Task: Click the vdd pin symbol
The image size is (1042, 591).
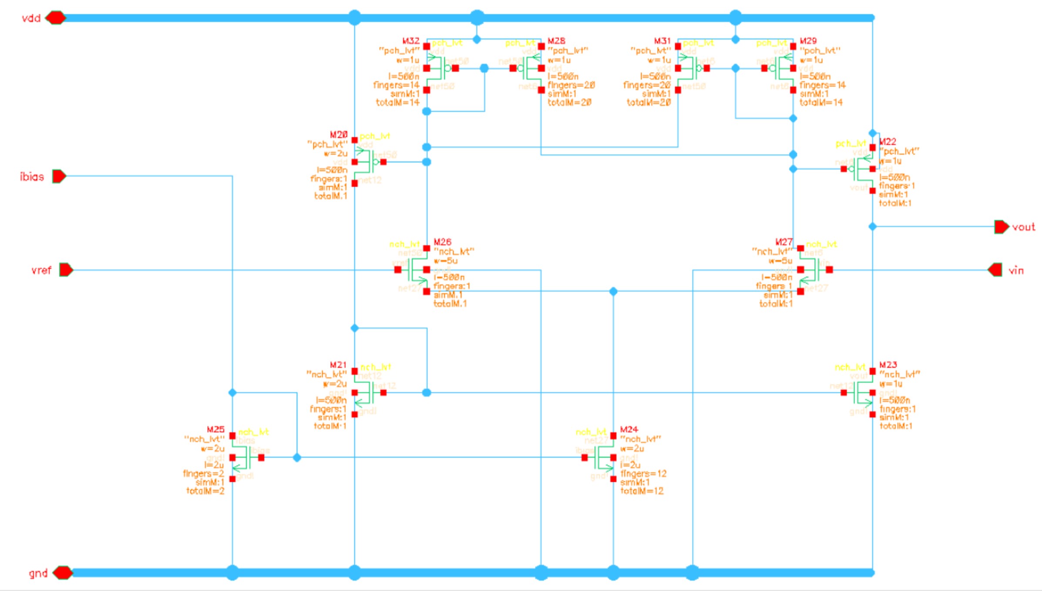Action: pos(55,18)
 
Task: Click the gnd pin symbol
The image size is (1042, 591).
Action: pos(63,573)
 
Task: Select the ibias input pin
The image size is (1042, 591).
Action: pos(59,176)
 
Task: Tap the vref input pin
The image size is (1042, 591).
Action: pos(66,270)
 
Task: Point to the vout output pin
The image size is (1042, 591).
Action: pos(1001,227)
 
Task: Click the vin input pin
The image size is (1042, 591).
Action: pos(995,270)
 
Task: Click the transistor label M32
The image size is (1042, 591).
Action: pos(410,41)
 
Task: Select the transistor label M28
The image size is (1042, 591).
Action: pos(556,41)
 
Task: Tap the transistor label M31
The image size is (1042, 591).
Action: pos(662,41)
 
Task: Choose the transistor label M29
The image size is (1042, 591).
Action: pos(808,41)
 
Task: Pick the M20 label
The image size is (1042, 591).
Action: pos(339,135)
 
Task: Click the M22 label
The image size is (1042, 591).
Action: pos(887,142)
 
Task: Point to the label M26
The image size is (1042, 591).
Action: pos(442,242)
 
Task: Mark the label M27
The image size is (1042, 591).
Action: pos(783,242)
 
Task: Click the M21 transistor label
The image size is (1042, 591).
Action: pos(338,364)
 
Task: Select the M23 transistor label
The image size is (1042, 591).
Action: pos(888,364)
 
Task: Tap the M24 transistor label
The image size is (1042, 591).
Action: pos(629,429)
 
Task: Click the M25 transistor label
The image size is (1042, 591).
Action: pos(215,429)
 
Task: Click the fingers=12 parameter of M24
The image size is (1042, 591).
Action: pos(643,474)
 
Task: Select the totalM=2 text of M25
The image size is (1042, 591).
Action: pos(205,491)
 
